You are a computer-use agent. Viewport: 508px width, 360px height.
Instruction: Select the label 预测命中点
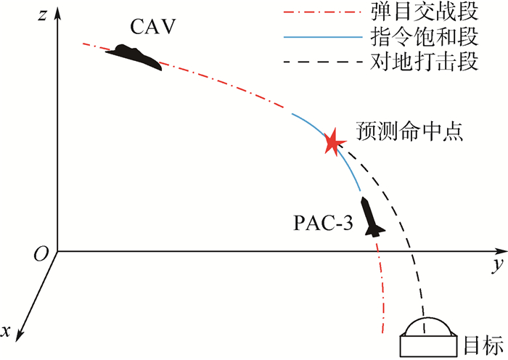point(410,131)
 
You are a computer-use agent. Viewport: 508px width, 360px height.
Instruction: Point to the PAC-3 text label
point(323,223)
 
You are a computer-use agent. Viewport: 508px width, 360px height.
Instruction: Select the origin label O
point(41,253)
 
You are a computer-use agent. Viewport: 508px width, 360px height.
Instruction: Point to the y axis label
point(496,266)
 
